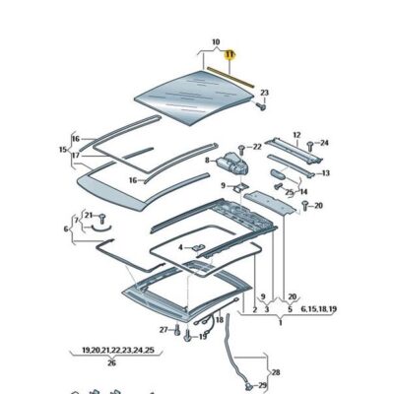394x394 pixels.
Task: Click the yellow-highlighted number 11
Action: tap(230, 55)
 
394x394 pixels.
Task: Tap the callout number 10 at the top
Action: tap(215, 43)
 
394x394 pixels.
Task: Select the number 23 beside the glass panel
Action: tap(264, 93)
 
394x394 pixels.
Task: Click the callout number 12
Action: tap(296, 135)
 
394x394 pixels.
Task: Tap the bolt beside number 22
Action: tap(243, 148)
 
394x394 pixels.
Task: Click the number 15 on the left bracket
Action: tap(63, 149)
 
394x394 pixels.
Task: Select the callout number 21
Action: tap(88, 214)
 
